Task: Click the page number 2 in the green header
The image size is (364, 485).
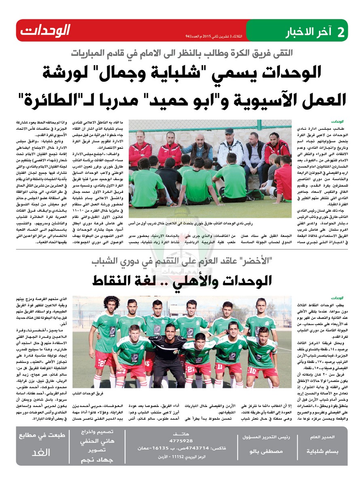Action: [341, 32]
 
